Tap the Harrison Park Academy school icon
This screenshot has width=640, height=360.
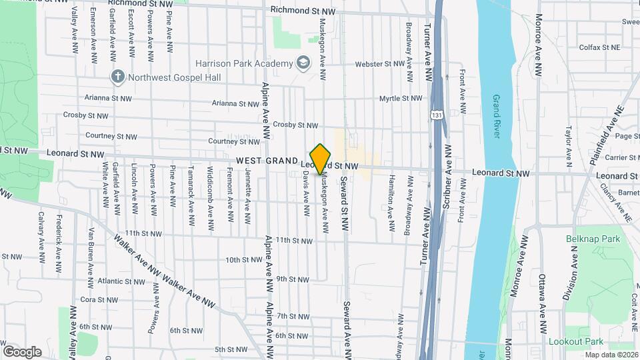point(304,63)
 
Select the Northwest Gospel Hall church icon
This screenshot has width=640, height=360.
point(118,77)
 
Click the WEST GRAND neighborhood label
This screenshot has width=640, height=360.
point(266,161)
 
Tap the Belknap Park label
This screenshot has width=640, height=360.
point(593,239)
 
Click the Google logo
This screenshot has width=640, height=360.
point(22,351)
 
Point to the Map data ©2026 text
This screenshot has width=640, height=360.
point(610,355)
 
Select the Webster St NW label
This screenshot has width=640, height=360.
point(379,64)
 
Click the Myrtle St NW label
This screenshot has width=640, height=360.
point(401,98)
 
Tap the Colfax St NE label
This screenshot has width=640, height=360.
point(599,47)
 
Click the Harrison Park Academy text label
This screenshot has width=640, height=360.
point(244,63)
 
